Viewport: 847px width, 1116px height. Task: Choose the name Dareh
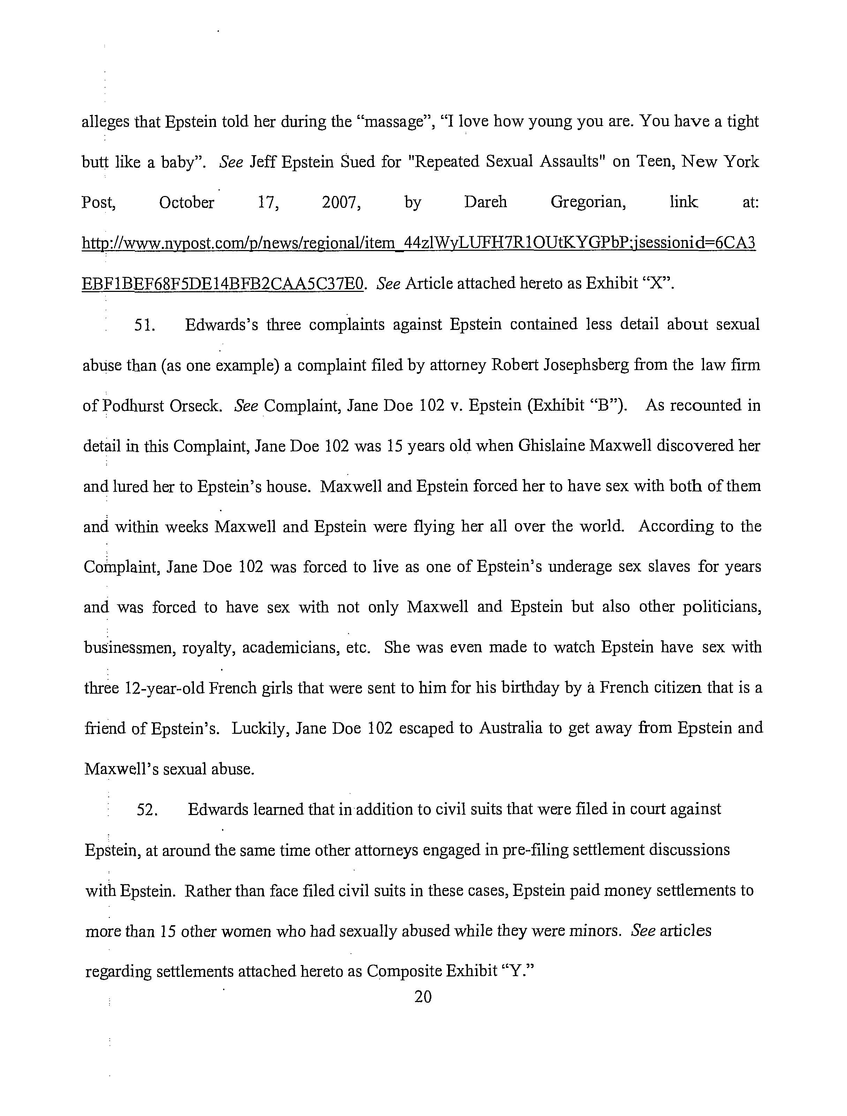click(485, 202)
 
